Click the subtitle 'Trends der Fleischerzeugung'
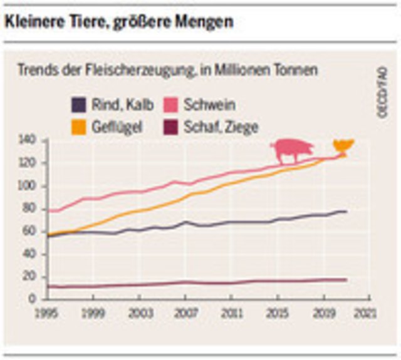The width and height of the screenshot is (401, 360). (167, 70)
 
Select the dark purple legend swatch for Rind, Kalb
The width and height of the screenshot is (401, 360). (77, 104)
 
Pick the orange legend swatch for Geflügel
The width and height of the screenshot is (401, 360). (77, 127)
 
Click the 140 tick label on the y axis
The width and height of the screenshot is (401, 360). (29, 140)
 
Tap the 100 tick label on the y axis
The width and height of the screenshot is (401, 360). (29, 187)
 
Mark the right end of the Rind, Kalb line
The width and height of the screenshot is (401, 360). (346, 211)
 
